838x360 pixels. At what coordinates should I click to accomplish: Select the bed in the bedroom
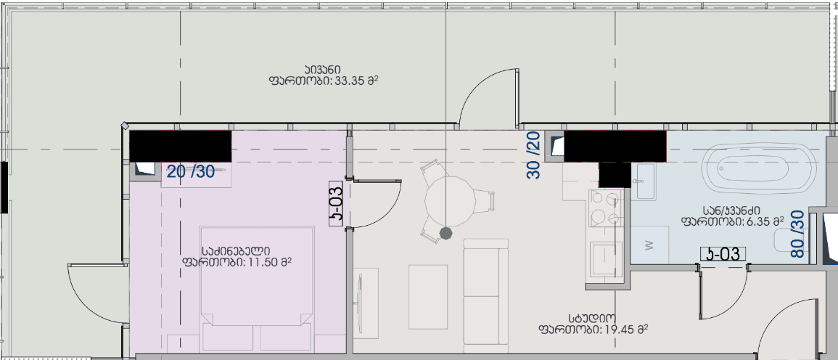[x=257, y=276]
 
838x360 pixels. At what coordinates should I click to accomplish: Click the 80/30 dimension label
[x=797, y=234]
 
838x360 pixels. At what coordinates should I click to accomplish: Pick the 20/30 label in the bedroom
[x=191, y=172]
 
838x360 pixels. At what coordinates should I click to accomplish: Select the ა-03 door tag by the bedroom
[x=336, y=203]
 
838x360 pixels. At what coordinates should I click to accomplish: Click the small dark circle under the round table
[x=445, y=232]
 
